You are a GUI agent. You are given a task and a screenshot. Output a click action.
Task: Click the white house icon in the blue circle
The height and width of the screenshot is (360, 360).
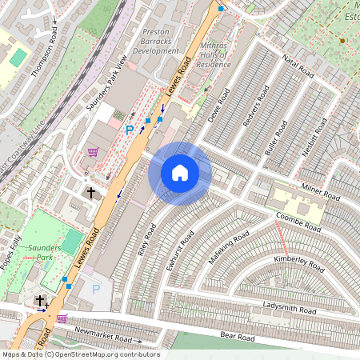click(x=180, y=173)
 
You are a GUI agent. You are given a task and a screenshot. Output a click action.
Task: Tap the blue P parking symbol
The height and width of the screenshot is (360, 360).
click(x=130, y=129)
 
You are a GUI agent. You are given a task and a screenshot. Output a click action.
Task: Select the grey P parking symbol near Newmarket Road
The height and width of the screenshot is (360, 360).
click(x=97, y=289)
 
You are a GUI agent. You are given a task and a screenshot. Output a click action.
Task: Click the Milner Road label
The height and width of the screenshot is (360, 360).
click(x=321, y=192)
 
